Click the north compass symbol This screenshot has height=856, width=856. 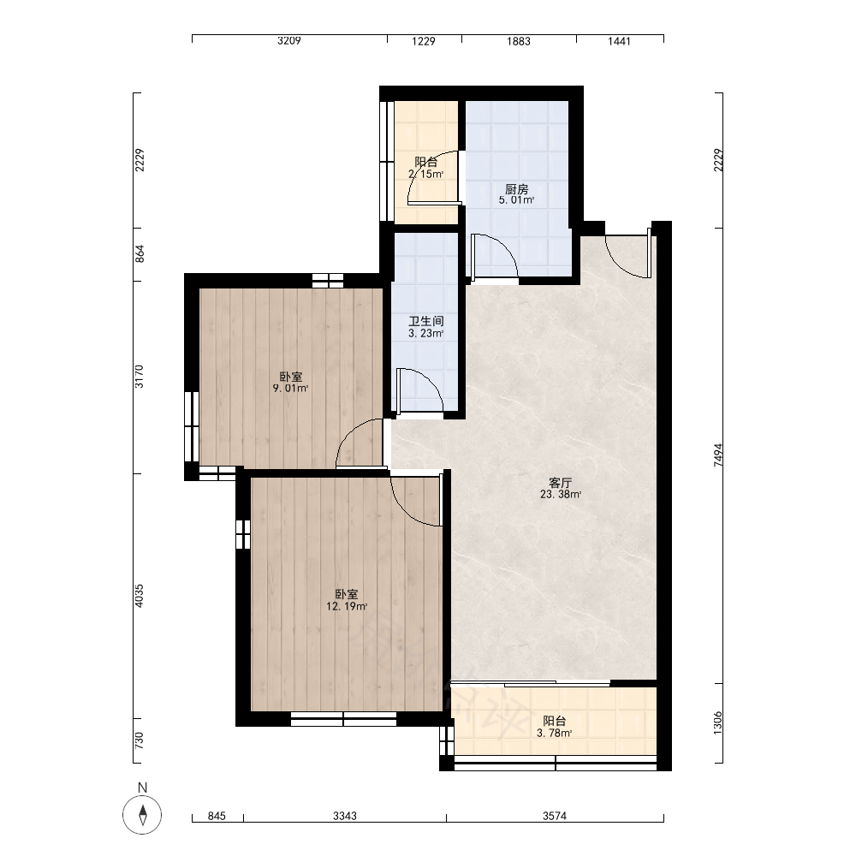(x=142, y=815)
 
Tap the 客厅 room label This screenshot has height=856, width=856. (x=560, y=483)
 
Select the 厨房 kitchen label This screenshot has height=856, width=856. (x=516, y=189)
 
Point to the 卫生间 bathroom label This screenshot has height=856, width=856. (x=425, y=321)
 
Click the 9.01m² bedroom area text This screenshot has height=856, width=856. (x=290, y=389)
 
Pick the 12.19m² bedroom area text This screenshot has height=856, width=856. (x=347, y=606)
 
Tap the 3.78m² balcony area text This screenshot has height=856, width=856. (x=554, y=734)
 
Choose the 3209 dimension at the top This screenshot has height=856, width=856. (x=288, y=40)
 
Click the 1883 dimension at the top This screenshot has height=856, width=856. (x=518, y=41)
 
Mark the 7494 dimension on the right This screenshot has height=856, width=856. (x=718, y=455)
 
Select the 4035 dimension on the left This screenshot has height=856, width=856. (x=140, y=596)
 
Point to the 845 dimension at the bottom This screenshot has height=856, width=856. (x=217, y=816)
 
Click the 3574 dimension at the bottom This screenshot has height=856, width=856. (x=554, y=816)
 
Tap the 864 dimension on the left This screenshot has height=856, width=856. (x=140, y=254)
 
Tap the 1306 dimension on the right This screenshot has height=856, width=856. (x=718, y=722)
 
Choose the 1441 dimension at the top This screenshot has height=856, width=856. (x=619, y=41)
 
